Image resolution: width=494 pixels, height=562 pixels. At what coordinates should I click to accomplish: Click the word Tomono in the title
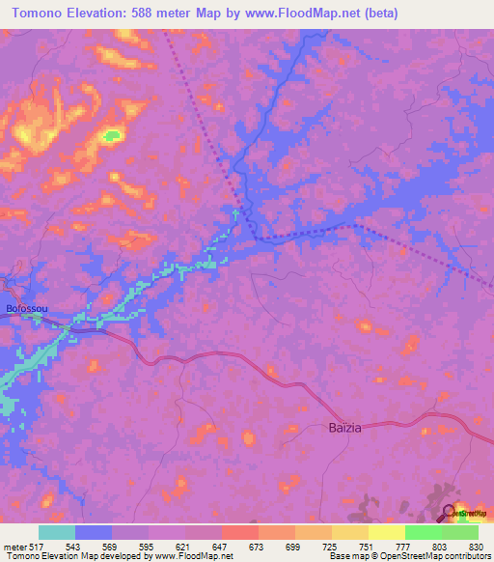(x=41, y=14)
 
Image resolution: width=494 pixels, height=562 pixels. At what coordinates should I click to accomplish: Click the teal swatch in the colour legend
(x=57, y=532)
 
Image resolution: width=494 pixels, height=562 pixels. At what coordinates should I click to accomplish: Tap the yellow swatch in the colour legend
(x=387, y=532)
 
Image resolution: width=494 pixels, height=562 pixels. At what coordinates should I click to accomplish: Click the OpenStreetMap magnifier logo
(x=449, y=512)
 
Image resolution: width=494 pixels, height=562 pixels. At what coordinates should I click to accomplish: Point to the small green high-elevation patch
(x=112, y=135)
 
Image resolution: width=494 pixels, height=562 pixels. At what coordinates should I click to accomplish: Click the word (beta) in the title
(x=376, y=14)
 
